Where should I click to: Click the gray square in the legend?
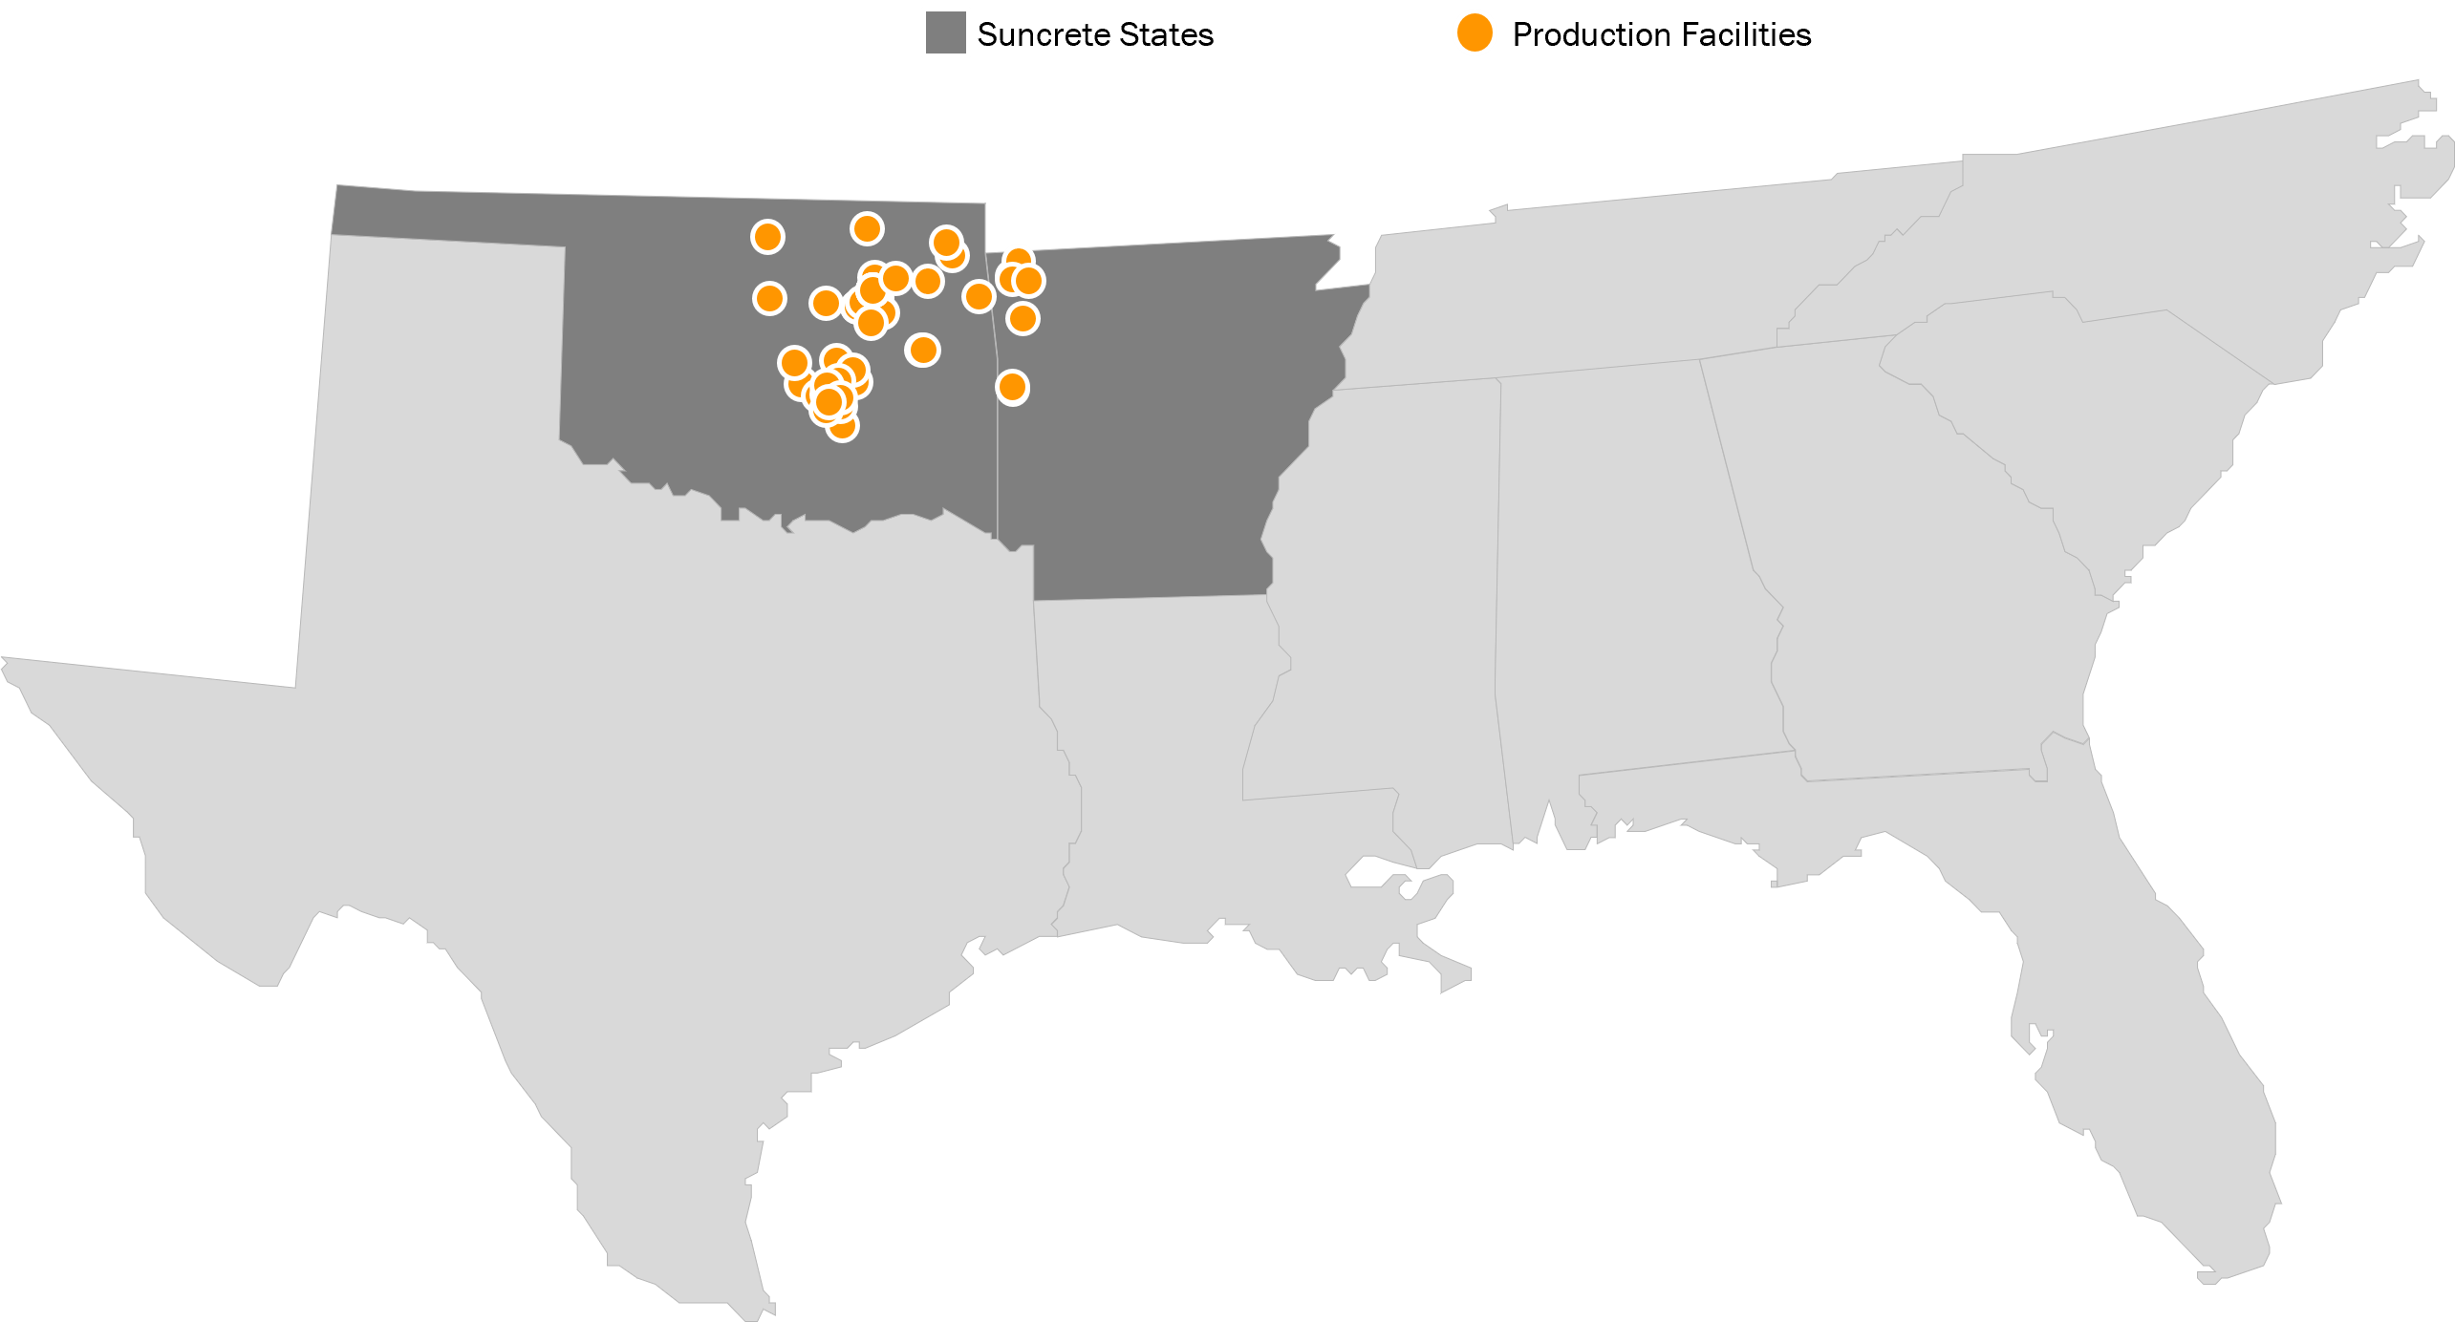point(945,32)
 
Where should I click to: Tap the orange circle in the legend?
point(1474,32)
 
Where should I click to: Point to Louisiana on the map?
point(1147,764)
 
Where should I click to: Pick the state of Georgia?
point(1892,592)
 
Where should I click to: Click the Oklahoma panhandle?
point(449,215)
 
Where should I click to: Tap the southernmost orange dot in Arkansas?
point(1012,387)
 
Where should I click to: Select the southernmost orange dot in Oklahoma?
point(842,424)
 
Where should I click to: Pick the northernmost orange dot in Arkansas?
point(1019,259)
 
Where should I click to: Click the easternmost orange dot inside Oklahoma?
point(979,296)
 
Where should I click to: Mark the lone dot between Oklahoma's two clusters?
point(922,350)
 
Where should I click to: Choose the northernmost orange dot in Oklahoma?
point(867,228)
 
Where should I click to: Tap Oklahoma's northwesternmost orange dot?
point(767,236)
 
